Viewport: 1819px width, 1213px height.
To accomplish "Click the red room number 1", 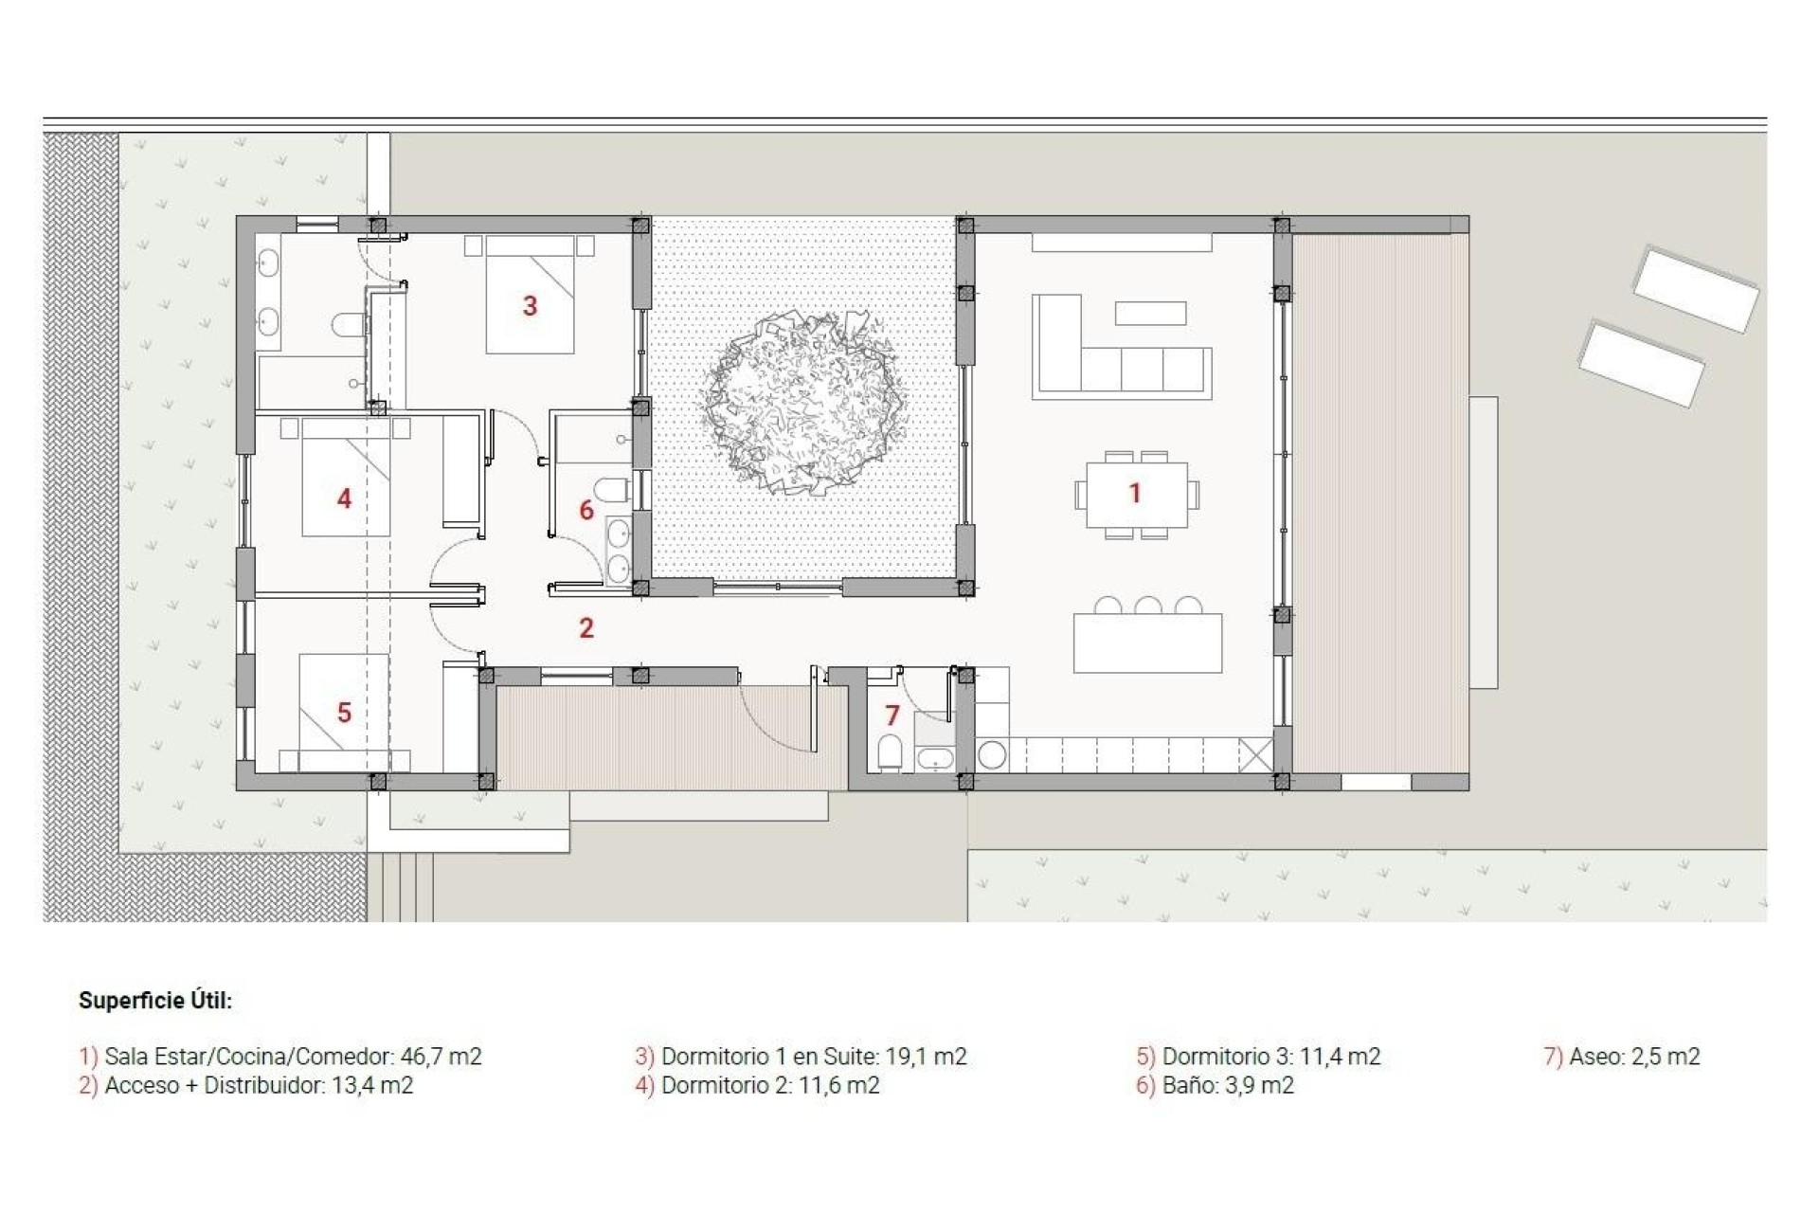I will coord(1135,493).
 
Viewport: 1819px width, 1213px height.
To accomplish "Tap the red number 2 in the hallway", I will coord(586,627).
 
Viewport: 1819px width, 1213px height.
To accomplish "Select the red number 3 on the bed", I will coord(531,306).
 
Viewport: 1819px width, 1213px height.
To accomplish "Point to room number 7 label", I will coord(891,715).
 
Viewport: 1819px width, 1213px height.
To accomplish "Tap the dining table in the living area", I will coord(1136,495).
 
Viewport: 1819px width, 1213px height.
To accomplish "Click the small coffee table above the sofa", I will coord(1150,313).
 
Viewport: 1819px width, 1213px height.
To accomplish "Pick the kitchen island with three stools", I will coord(1147,643).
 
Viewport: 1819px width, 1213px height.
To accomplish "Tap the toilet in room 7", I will coord(890,753).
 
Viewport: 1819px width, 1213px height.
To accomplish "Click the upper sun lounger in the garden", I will coord(1696,289).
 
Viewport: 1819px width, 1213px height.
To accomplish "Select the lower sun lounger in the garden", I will coord(1641,364).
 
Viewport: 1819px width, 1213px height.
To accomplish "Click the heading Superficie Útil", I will coord(155,1001).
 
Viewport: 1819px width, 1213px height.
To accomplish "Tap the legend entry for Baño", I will coord(1215,1086).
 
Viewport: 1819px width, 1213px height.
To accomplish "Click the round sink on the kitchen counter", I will coord(992,755).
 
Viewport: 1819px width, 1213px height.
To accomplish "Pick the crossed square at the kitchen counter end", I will coord(1255,755).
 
